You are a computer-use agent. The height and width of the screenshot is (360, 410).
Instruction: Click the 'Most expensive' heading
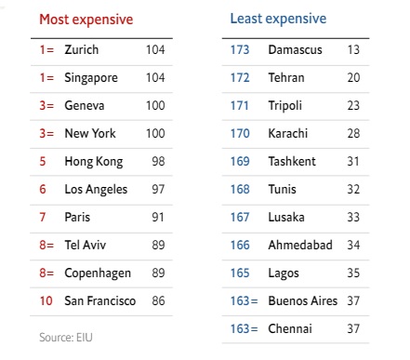(x=86, y=19)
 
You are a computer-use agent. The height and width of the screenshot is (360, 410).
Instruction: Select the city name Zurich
(x=82, y=48)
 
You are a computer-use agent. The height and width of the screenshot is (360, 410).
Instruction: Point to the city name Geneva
(x=85, y=107)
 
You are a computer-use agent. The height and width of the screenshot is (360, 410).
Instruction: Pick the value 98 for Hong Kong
(x=158, y=162)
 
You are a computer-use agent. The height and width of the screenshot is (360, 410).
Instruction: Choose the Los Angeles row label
(x=97, y=190)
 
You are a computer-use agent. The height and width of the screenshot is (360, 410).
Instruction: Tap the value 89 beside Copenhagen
(x=158, y=273)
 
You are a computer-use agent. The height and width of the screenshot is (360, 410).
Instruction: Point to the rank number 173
(x=240, y=48)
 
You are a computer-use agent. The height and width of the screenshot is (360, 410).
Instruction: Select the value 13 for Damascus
(x=353, y=48)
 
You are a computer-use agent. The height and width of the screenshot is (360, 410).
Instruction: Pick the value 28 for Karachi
(x=353, y=134)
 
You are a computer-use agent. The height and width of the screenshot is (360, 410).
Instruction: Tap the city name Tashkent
(x=292, y=162)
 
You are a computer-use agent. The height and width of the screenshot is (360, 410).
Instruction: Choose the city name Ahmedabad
(x=299, y=246)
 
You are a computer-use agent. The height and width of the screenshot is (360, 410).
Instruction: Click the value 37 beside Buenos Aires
(x=353, y=301)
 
